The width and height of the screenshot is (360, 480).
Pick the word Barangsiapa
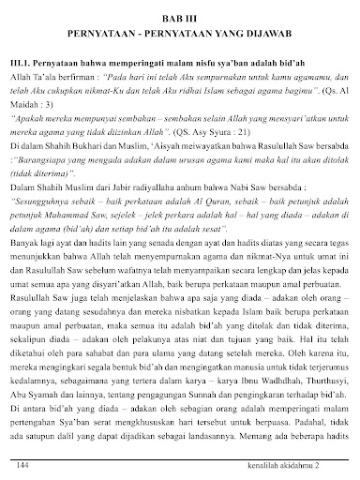coord(47,157)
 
